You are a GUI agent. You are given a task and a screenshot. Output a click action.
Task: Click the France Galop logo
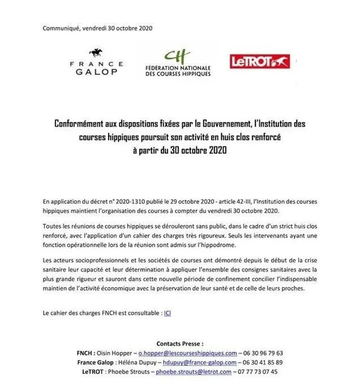tap(97, 64)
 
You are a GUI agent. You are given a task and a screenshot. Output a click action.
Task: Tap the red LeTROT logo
tap(259, 61)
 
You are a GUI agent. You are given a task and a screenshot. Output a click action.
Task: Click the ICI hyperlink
tap(167, 313)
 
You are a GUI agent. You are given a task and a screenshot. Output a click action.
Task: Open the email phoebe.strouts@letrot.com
tap(202, 372)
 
